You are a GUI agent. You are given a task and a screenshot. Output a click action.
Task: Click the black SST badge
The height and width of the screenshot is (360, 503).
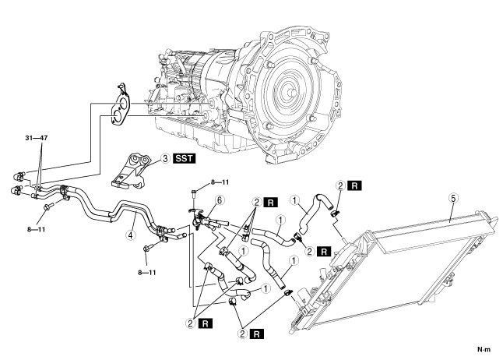click(x=184, y=158)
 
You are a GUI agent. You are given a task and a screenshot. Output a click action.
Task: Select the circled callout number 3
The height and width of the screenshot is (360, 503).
click(x=165, y=159)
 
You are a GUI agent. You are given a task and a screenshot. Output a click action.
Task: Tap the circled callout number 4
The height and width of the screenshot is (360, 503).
click(x=130, y=235)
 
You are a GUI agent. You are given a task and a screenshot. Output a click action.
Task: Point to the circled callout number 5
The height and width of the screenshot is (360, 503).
click(x=453, y=199)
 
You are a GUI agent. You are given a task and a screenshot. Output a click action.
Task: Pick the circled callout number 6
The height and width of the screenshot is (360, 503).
click(x=220, y=200)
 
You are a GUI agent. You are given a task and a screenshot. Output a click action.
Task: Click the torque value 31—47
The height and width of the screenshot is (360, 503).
click(x=37, y=138)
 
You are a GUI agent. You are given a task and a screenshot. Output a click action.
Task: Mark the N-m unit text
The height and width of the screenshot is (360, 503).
click(x=484, y=349)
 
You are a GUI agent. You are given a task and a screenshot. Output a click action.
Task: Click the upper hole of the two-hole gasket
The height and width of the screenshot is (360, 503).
click(x=122, y=104)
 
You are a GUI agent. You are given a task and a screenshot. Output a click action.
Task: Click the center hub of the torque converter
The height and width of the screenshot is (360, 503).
click(x=290, y=93)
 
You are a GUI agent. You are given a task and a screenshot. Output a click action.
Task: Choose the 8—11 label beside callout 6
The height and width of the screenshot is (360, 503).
click(x=220, y=182)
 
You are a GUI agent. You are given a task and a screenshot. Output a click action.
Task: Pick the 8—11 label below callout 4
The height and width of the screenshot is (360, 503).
click(x=147, y=273)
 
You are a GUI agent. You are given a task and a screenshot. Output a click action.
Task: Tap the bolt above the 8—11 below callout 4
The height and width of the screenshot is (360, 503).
click(x=148, y=248)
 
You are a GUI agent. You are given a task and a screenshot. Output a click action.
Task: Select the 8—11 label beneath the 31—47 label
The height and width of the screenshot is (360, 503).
click(x=36, y=230)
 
